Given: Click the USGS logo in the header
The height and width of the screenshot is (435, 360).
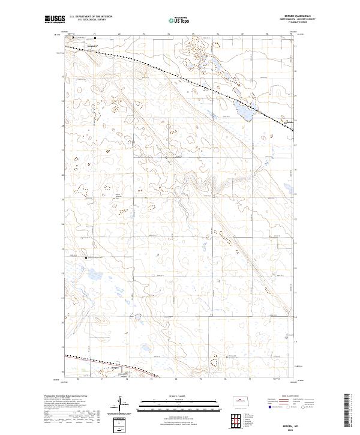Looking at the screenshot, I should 55,20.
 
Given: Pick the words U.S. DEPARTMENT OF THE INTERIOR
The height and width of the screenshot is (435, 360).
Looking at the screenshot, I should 91,17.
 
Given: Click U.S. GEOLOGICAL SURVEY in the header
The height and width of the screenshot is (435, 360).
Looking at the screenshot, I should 91,20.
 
